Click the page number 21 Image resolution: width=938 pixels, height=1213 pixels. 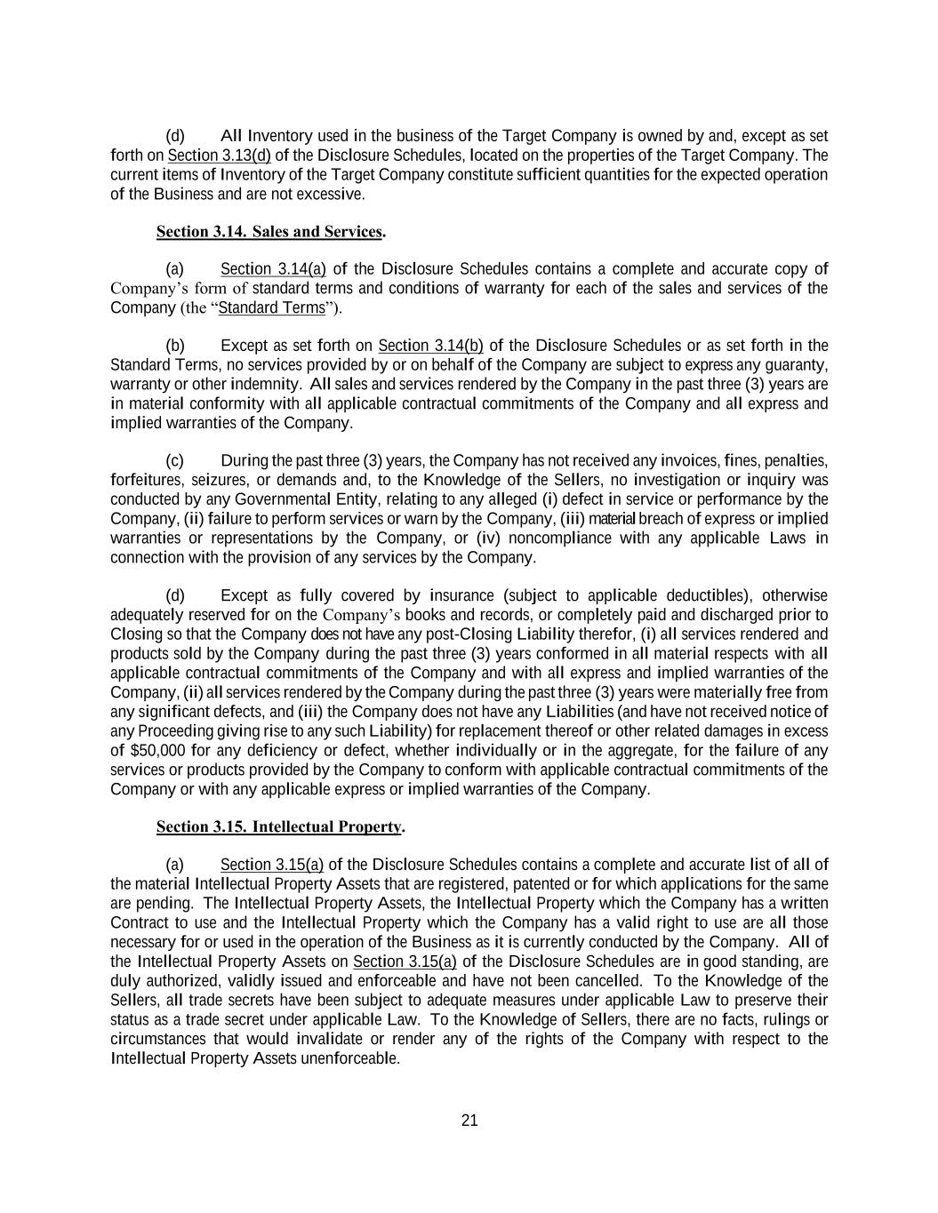[x=469, y=1121]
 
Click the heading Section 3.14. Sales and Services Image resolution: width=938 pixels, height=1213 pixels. [x=270, y=232]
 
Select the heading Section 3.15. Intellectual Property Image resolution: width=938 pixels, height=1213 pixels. [x=280, y=827]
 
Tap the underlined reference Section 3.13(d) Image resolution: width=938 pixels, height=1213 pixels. [x=219, y=156]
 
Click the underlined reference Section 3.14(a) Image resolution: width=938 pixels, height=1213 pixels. [x=273, y=269]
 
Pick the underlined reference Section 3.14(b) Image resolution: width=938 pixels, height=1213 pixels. [x=430, y=346]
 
